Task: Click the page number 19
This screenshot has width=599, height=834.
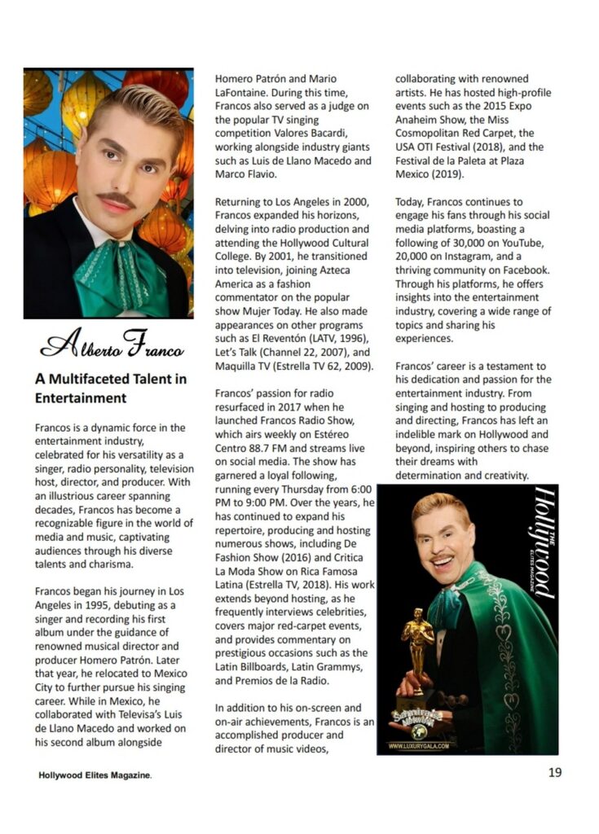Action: pos(554,773)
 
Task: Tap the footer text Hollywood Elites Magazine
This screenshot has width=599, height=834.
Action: pos(95,775)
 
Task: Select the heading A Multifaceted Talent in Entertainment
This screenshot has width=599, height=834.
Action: pos(110,388)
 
